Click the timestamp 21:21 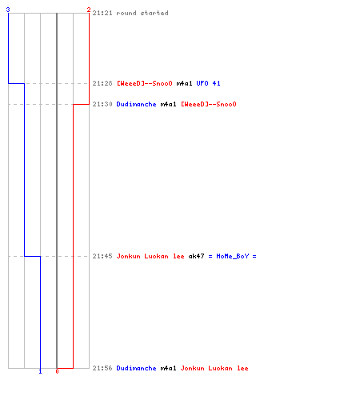pyautogui.click(x=102, y=13)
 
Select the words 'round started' pyautogui.click(x=142, y=13)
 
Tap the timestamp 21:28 pyautogui.click(x=102, y=83)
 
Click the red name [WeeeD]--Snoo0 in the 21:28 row pyautogui.click(x=145, y=83)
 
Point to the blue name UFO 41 pyautogui.click(x=208, y=83)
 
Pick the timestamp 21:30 pyautogui.click(x=102, y=104)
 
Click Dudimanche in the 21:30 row pyautogui.click(x=136, y=104)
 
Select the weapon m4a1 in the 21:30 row pyautogui.click(x=168, y=104)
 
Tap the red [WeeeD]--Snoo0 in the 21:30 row pyautogui.click(x=209, y=104)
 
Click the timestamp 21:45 pyautogui.click(x=102, y=256)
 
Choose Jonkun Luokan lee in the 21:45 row pyautogui.click(x=150, y=256)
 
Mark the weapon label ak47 pyautogui.click(x=196, y=256)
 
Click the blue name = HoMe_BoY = pyautogui.click(x=232, y=256)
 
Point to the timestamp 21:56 pyautogui.click(x=102, y=368)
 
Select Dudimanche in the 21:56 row pyautogui.click(x=136, y=368)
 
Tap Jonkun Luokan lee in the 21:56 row pyautogui.click(x=214, y=368)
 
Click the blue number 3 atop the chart pyautogui.click(x=8, y=10)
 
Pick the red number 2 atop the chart pyautogui.click(x=89, y=10)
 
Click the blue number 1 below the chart pyautogui.click(x=40, y=371)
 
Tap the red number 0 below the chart pyautogui.click(x=57, y=371)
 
